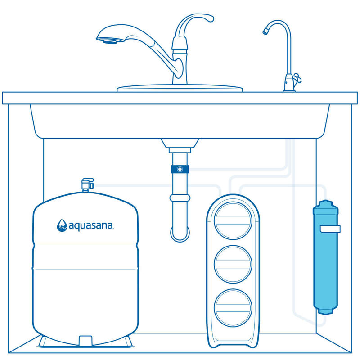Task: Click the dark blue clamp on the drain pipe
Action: [x=180, y=169]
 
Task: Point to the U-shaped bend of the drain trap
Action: [x=180, y=234]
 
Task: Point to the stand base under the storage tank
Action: [x=85, y=341]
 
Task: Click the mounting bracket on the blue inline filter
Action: [x=331, y=229]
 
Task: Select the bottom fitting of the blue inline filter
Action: [x=325, y=310]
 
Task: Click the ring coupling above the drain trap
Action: [x=180, y=198]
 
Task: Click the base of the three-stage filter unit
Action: [x=234, y=340]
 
